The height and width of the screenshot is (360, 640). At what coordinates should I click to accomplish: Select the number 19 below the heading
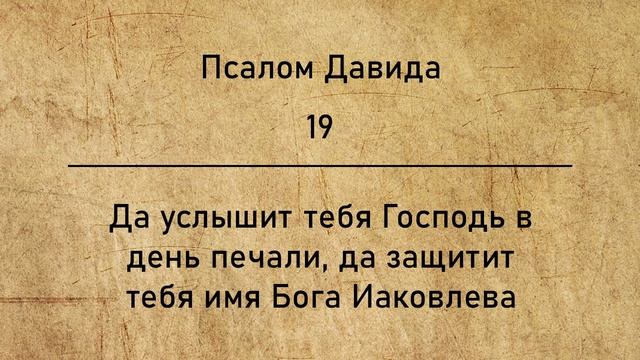coord(320,127)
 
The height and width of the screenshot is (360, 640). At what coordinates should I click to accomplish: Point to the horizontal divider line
coord(320,164)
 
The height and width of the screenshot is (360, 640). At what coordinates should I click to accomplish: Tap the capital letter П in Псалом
coord(210,70)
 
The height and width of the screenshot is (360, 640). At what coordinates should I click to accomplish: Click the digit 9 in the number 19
coord(327,127)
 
